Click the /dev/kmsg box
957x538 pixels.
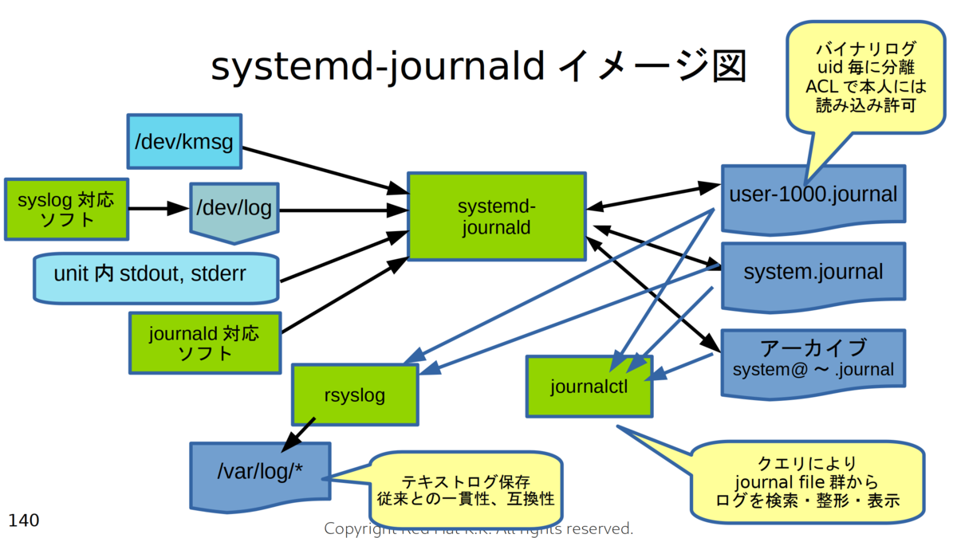[184, 141]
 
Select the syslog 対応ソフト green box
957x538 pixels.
[66, 209]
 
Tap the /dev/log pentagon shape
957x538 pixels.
[234, 210]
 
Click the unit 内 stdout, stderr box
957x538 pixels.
[156, 277]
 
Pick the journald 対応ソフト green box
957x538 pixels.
[204, 343]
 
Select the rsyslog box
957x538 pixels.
[355, 395]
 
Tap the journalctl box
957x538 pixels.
[589, 387]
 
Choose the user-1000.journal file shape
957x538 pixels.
[813, 194]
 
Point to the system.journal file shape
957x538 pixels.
[813, 273]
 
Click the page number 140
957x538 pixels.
[23, 520]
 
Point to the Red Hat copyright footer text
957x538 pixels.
[478, 528]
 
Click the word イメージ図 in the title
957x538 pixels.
[650, 67]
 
